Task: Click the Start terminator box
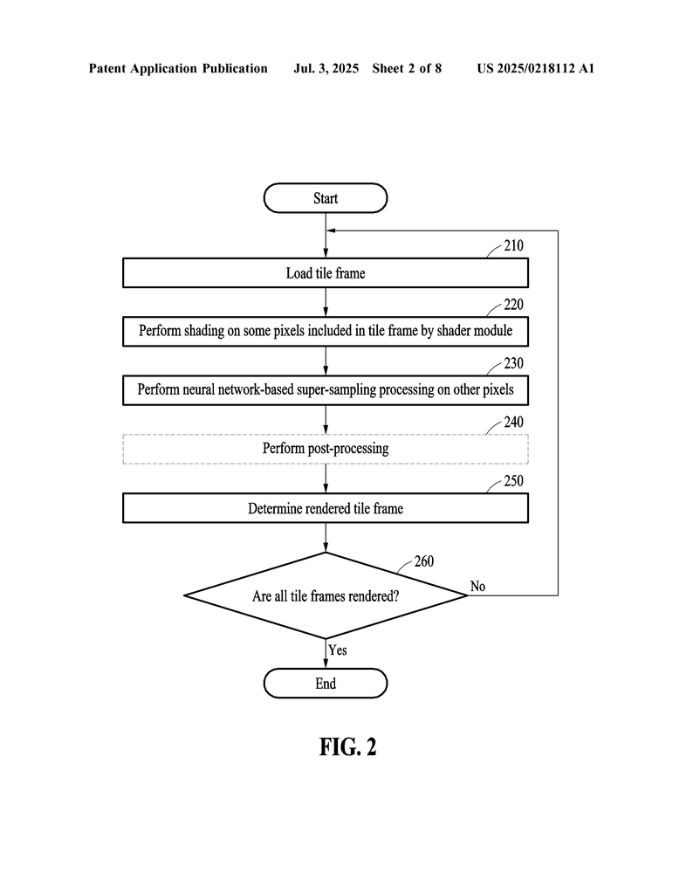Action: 326,198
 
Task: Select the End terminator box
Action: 326,683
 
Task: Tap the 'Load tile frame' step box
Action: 326,273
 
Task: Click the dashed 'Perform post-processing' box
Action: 326,449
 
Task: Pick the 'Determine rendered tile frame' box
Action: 326,508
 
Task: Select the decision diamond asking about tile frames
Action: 326,595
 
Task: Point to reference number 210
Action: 513,245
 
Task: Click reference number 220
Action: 513,305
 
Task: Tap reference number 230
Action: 513,363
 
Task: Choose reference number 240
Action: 513,422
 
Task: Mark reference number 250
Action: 513,481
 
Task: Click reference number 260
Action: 424,561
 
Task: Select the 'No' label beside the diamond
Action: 477,586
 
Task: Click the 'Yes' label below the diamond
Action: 338,650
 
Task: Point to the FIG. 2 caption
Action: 347,746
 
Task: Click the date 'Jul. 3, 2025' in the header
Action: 326,68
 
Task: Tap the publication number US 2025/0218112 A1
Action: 536,68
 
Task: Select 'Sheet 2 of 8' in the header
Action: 407,68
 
